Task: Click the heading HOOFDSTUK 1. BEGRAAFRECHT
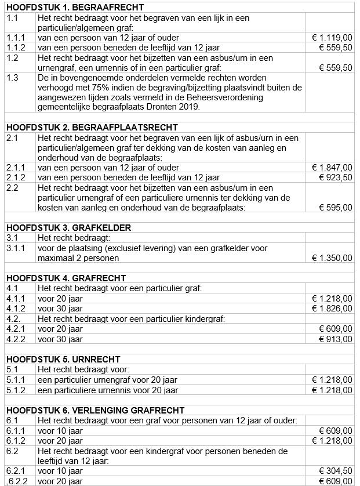tap(75, 8)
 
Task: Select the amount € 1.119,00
tap(332, 38)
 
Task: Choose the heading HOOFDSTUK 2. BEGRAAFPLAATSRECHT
tap(92, 128)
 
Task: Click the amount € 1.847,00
tap(332, 168)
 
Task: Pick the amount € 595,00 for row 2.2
tap(335, 207)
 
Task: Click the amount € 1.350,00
tap(332, 257)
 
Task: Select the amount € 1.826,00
tap(332, 309)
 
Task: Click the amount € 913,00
tap(335, 339)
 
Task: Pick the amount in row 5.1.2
tap(332, 390)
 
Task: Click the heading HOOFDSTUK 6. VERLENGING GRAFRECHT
tap(95, 410)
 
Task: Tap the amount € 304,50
tap(335, 471)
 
